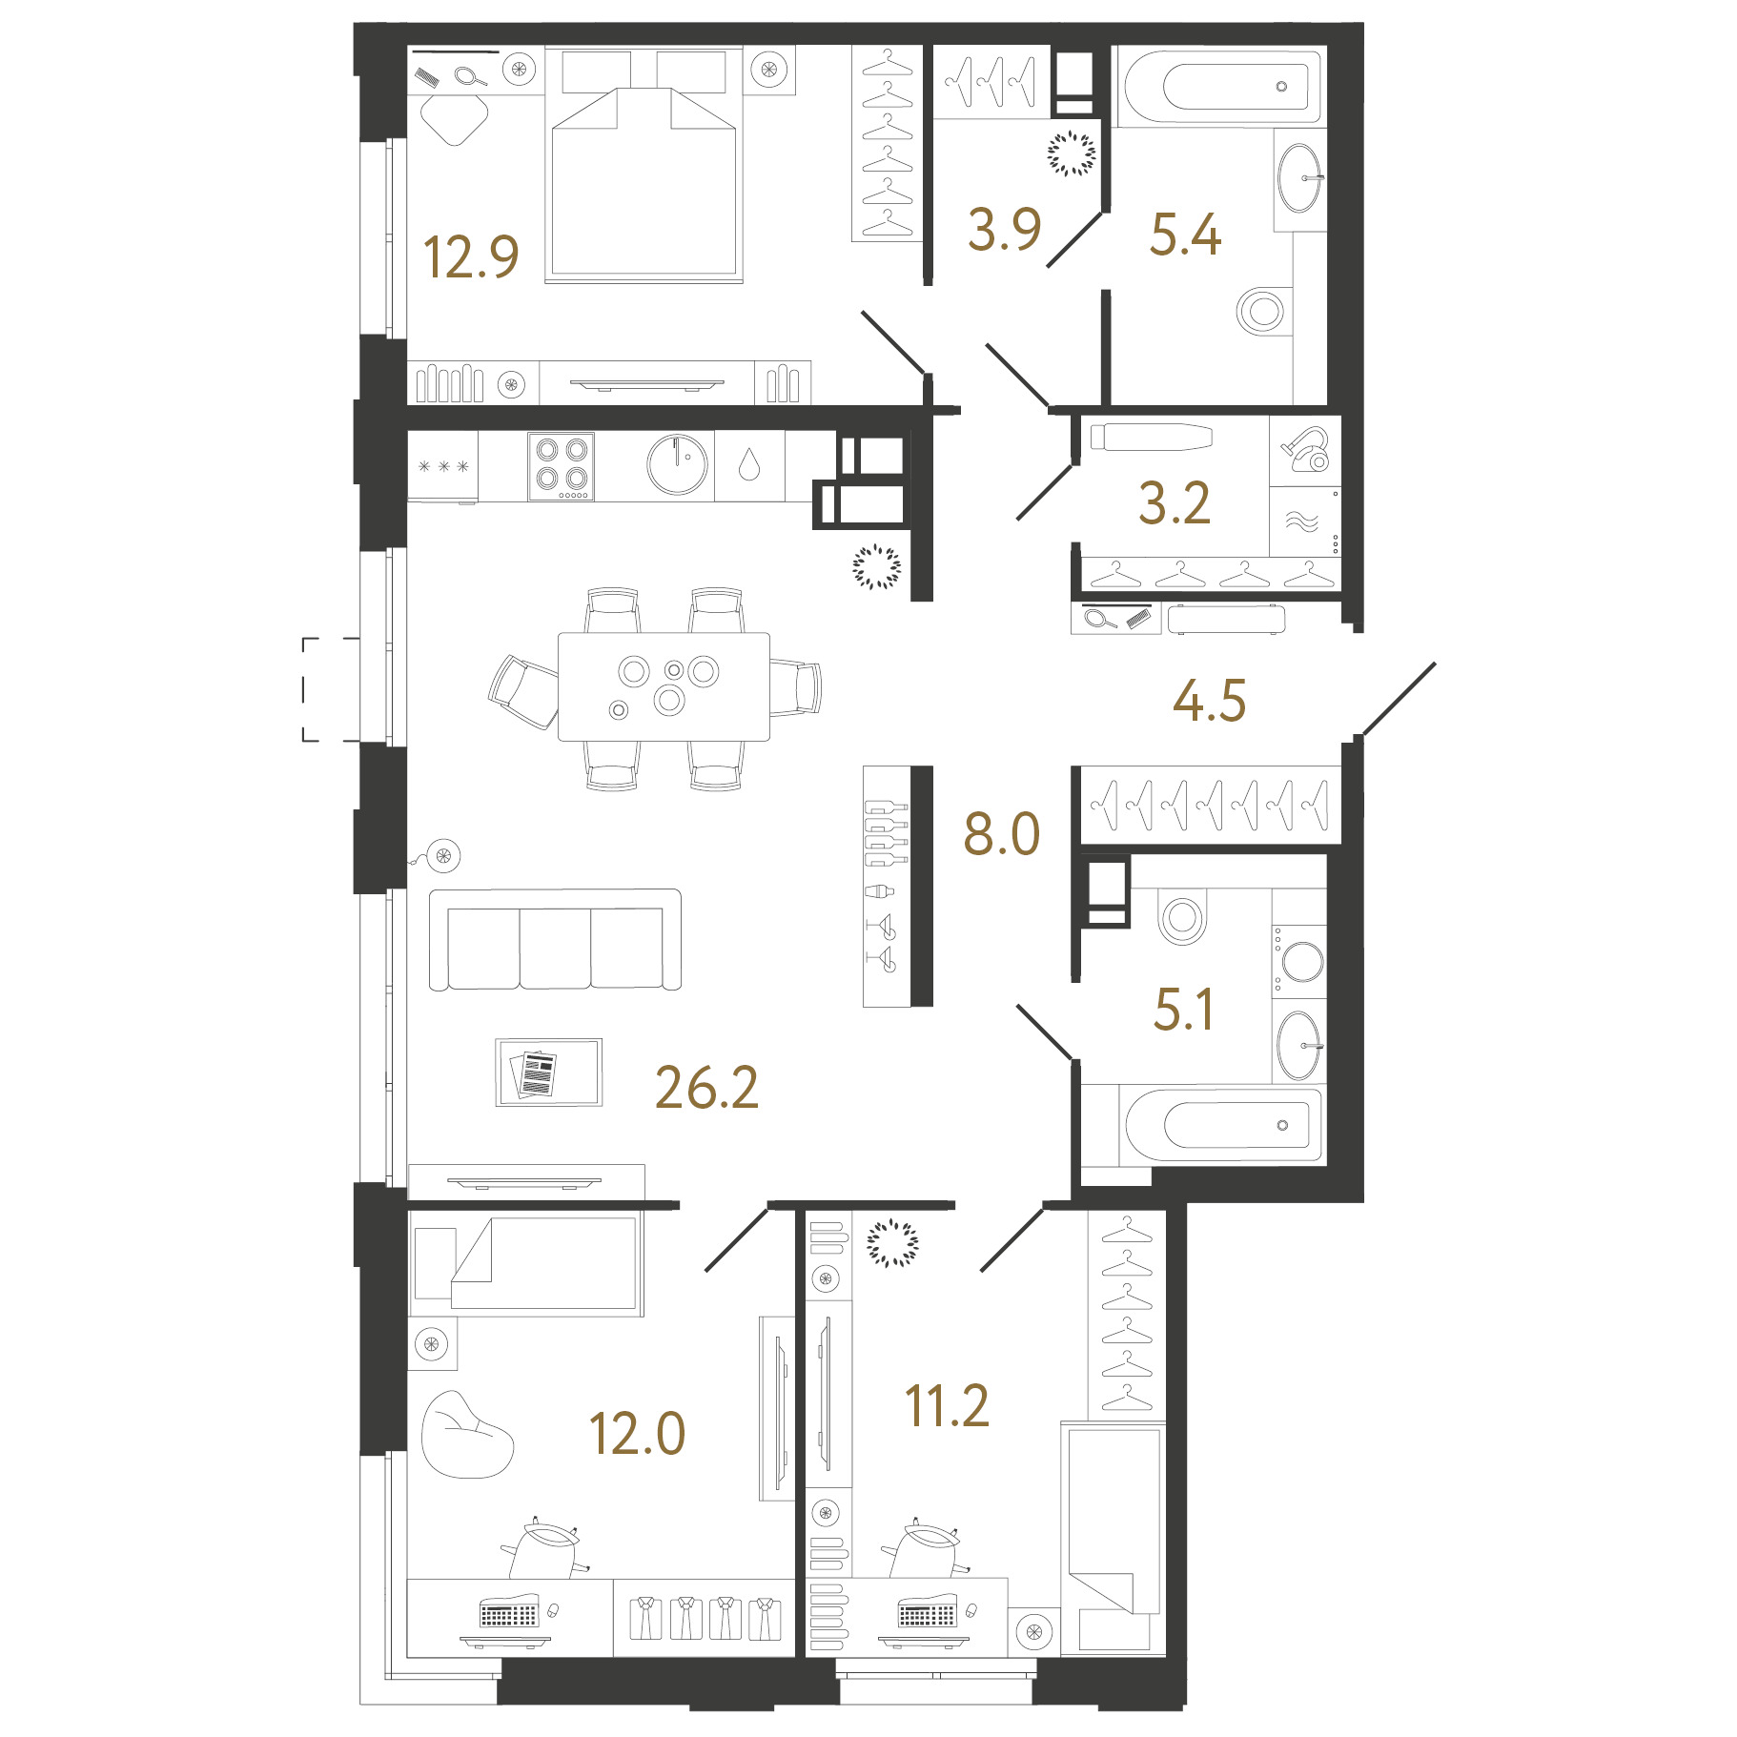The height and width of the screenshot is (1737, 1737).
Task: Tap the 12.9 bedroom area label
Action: click(471, 257)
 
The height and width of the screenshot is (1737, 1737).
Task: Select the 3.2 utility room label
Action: click(1175, 503)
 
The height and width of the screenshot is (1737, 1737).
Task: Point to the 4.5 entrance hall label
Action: click(1210, 701)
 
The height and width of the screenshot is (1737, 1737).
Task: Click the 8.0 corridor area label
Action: click(1002, 834)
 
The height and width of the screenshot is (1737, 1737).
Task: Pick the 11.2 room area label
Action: click(948, 1406)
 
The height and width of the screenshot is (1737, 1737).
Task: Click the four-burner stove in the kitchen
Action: click(562, 466)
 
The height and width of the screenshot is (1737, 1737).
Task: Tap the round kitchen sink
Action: click(678, 465)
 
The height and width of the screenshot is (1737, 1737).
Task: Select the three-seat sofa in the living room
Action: click(555, 940)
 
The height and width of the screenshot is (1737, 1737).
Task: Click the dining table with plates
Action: click(664, 686)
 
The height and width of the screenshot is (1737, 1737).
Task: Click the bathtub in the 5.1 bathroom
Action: click(1224, 1125)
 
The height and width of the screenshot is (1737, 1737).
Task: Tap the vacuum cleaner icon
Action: click(1306, 449)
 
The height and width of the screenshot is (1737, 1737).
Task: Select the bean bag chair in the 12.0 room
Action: click(466, 1435)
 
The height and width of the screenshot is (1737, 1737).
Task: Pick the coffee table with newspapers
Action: click(549, 1073)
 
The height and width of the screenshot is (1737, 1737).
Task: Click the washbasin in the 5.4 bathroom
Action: click(1299, 178)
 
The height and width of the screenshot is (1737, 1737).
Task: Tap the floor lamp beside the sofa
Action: click(442, 855)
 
